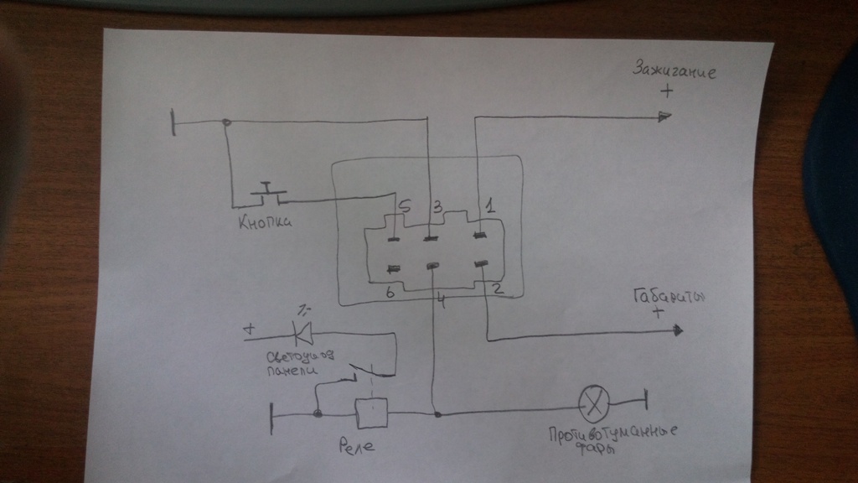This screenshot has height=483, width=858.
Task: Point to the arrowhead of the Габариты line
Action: coord(675,334)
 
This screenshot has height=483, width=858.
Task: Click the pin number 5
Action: coord(404,205)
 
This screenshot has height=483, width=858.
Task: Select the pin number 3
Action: coord(437,205)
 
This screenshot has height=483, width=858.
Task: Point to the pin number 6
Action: coord(390,293)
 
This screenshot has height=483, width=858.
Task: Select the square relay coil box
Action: coord(369,413)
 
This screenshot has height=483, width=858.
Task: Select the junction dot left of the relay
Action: coord(318,414)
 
